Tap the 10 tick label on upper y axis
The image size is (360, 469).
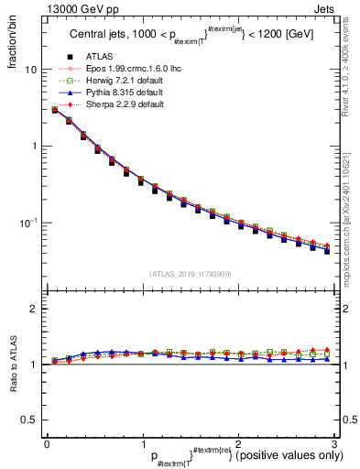click(30, 71)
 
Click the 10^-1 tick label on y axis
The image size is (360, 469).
click(27, 223)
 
